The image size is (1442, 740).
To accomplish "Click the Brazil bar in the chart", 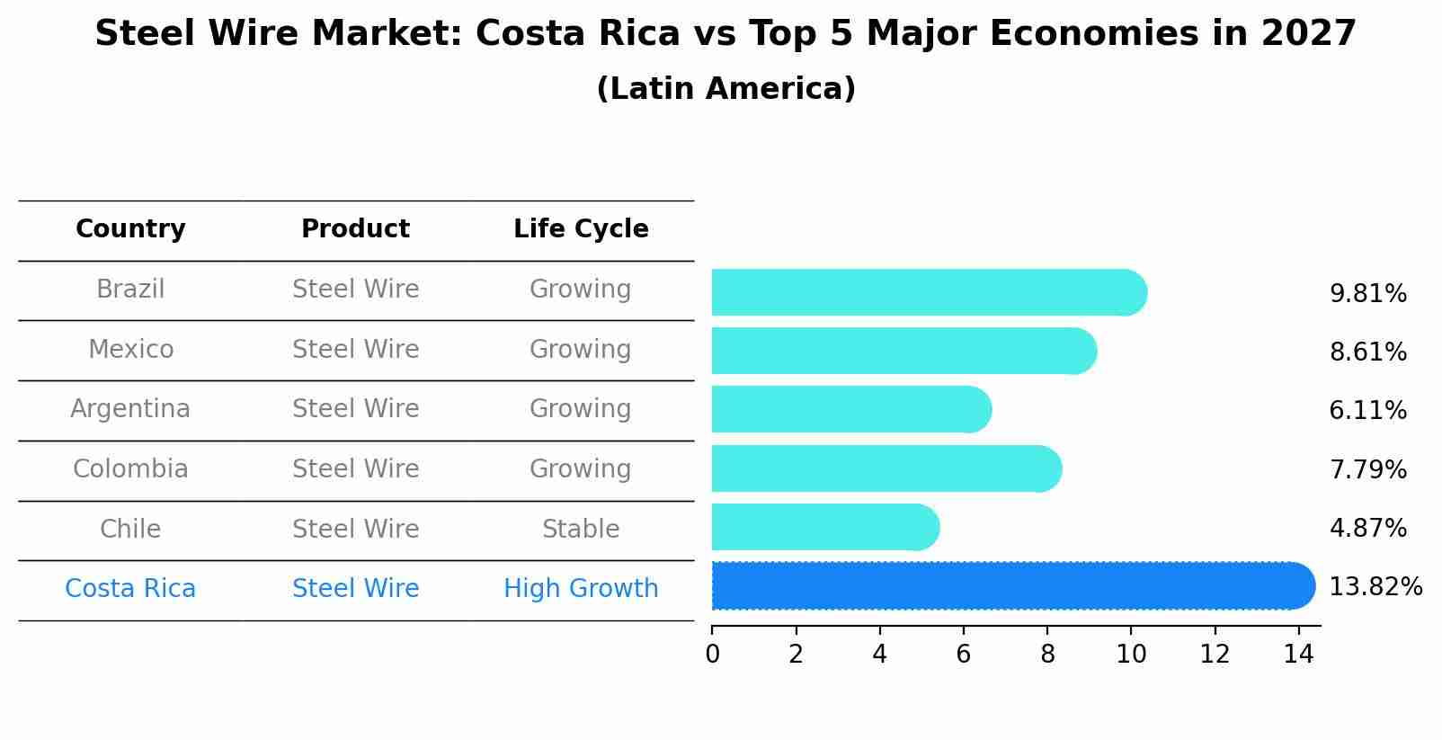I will (926, 292).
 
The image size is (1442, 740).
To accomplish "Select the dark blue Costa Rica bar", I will (1011, 586).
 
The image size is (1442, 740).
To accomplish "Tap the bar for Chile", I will (823, 527).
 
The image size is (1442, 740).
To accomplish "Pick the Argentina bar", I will (850, 409).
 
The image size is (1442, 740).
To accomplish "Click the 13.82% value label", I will (1375, 587).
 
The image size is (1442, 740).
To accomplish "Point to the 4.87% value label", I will (1367, 528).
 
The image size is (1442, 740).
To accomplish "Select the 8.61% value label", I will (1367, 352).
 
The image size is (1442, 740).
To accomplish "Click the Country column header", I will (130, 229).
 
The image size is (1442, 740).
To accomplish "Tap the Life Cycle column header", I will (581, 229).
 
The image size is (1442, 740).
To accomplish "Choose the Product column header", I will (355, 229).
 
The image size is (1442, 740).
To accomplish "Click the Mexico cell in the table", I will (130, 349).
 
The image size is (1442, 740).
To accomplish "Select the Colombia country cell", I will (130, 468).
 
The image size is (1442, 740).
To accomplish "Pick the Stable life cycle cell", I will (581, 529).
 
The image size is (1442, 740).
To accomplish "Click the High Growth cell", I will (581, 588).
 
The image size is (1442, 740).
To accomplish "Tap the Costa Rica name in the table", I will (130, 588).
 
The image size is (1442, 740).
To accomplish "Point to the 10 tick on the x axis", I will (1131, 655).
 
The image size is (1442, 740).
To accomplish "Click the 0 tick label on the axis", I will (712, 655).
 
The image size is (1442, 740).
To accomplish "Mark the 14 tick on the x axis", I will (1298, 655).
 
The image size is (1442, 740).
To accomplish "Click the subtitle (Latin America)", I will (725, 89).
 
